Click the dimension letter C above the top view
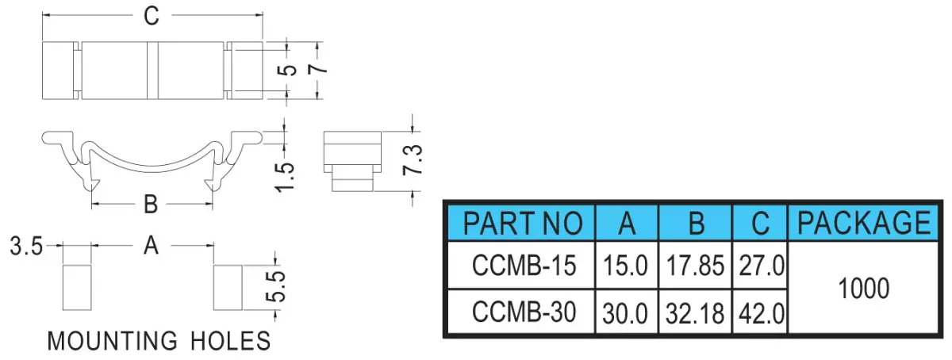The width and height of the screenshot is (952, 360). [152, 17]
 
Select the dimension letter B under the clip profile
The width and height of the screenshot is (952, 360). [151, 205]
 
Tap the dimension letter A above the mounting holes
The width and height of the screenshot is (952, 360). [151, 246]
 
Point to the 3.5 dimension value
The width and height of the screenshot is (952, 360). [26, 246]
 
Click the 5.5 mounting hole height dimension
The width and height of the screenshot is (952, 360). [276, 286]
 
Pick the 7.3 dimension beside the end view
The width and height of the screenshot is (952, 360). [413, 159]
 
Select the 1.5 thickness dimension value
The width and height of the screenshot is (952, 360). [285, 178]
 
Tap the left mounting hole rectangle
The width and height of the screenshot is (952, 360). [77, 288]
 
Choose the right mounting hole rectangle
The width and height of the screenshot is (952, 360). [228, 288]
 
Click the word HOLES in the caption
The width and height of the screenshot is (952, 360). [230, 341]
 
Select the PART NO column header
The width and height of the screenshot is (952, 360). [522, 223]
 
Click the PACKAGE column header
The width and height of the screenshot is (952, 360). [864, 222]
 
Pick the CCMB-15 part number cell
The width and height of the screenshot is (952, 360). [524, 266]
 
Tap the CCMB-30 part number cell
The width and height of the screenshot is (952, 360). [524, 312]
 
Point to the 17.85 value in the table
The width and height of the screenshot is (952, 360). [695, 266]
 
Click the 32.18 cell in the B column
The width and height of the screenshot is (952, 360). [695, 314]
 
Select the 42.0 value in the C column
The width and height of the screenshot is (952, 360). [762, 314]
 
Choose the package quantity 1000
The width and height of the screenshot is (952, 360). [864, 289]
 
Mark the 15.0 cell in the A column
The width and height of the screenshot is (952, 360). [625, 266]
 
